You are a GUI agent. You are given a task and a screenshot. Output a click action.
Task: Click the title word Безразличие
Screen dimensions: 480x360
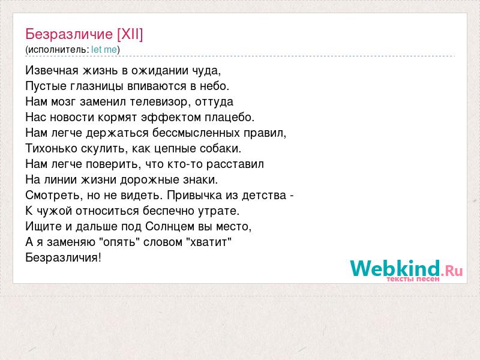click(x=69, y=34)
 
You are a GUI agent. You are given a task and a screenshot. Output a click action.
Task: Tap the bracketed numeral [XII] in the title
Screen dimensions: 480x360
click(x=130, y=34)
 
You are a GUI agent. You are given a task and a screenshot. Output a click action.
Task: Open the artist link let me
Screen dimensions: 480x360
click(x=104, y=50)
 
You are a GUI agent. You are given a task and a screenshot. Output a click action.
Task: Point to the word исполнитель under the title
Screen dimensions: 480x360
click(x=57, y=50)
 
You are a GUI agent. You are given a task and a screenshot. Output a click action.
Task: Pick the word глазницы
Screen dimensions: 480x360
click(x=96, y=86)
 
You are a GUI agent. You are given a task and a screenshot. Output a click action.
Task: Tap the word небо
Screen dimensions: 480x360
click(x=215, y=86)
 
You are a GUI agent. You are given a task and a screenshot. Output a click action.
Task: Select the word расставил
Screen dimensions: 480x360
click(x=235, y=164)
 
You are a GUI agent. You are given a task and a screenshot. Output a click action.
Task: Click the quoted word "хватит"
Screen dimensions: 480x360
click(x=209, y=242)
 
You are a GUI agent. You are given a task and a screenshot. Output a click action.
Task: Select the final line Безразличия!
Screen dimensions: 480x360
click(x=63, y=258)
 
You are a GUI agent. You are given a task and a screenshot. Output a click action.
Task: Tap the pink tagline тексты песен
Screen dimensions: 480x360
click(x=413, y=279)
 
